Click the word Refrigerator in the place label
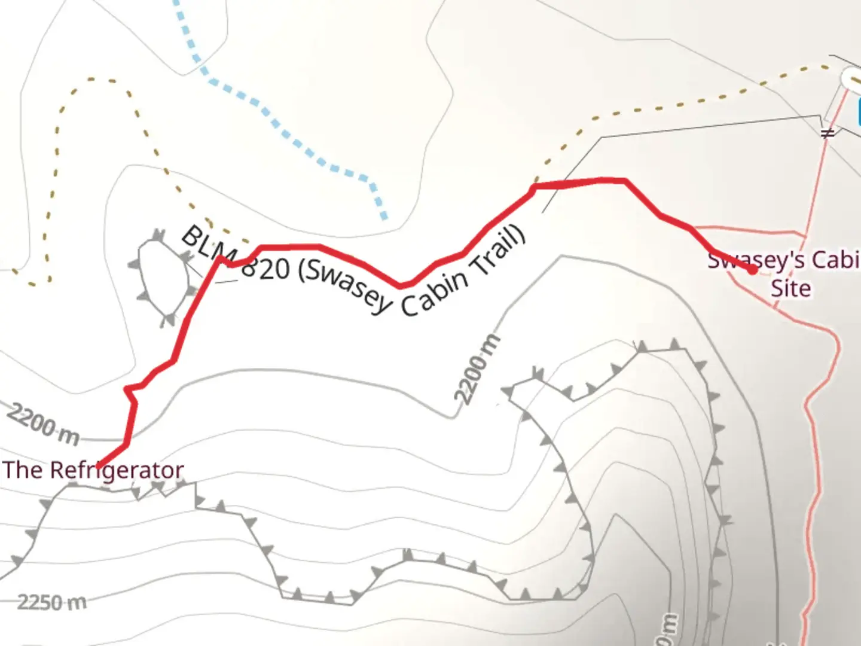[x=116, y=470]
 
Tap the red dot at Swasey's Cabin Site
[x=752, y=270]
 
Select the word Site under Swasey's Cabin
[x=790, y=289]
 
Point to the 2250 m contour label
[x=51, y=601]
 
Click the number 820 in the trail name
[x=266, y=269]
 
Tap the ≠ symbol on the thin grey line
[x=828, y=133]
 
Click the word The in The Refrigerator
[x=22, y=470]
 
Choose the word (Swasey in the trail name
[x=343, y=285]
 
